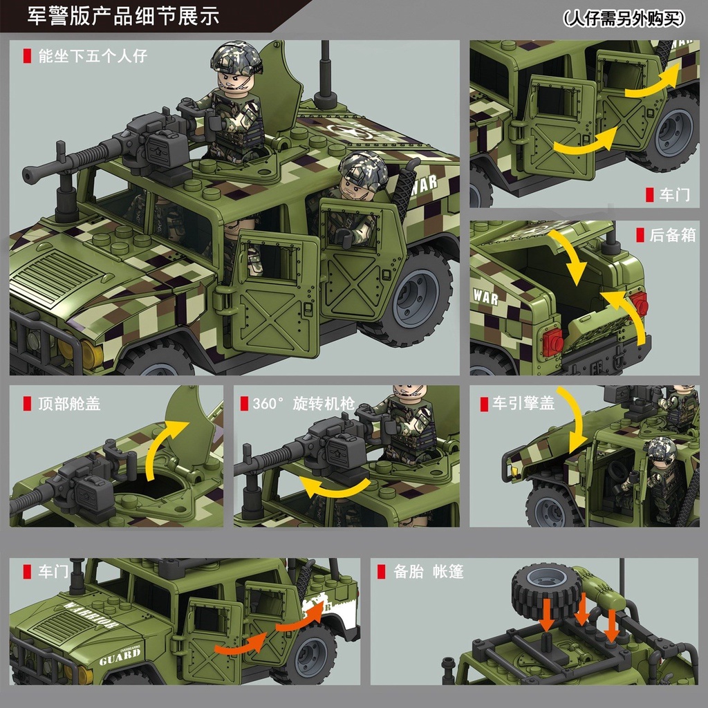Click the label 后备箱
(x=671, y=235)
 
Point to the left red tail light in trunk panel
(x=552, y=342)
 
